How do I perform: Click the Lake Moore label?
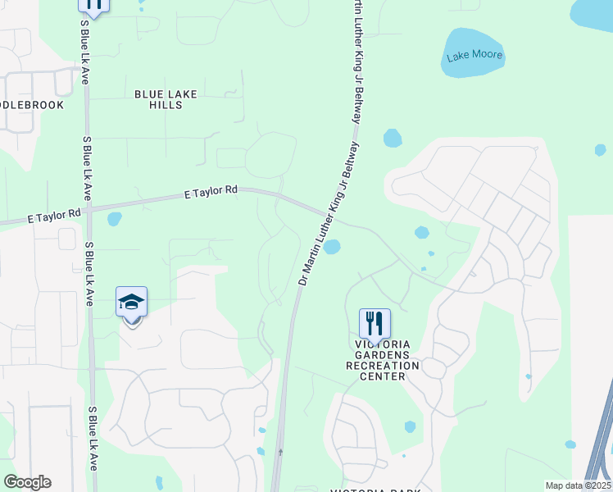[x=475, y=57]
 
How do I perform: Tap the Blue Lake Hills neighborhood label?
[x=166, y=99]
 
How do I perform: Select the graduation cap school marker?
[x=131, y=303]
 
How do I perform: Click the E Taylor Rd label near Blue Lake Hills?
[x=211, y=191]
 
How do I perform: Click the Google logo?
[x=27, y=482]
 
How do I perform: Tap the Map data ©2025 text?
[x=579, y=485]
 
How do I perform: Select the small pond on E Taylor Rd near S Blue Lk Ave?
[x=114, y=219]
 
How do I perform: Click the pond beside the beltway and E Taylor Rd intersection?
[x=332, y=247]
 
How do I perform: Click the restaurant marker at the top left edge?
[x=93, y=4]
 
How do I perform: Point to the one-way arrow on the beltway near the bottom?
[x=281, y=451]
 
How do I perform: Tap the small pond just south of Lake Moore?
[x=393, y=138]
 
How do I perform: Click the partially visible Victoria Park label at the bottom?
[x=375, y=490]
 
